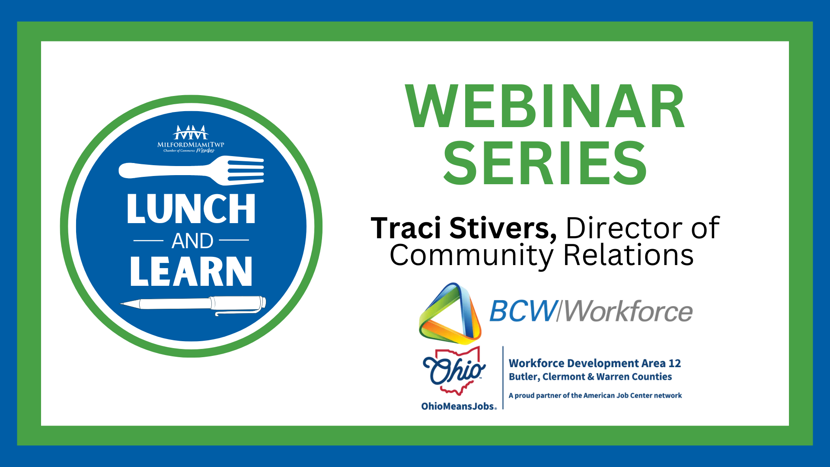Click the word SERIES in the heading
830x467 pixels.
pyautogui.click(x=545, y=163)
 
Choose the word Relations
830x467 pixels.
pyautogui.click(x=629, y=255)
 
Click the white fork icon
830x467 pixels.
pyautogui.click(x=191, y=171)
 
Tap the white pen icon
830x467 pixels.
pyautogui.click(x=193, y=305)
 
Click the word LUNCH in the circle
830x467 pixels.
pyautogui.click(x=191, y=209)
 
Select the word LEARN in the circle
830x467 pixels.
pyautogui.click(x=191, y=271)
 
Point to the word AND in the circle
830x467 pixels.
pyautogui.click(x=192, y=241)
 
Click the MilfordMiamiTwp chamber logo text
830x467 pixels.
pyautogui.click(x=191, y=144)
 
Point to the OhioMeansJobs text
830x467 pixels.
pyautogui.click(x=459, y=406)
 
